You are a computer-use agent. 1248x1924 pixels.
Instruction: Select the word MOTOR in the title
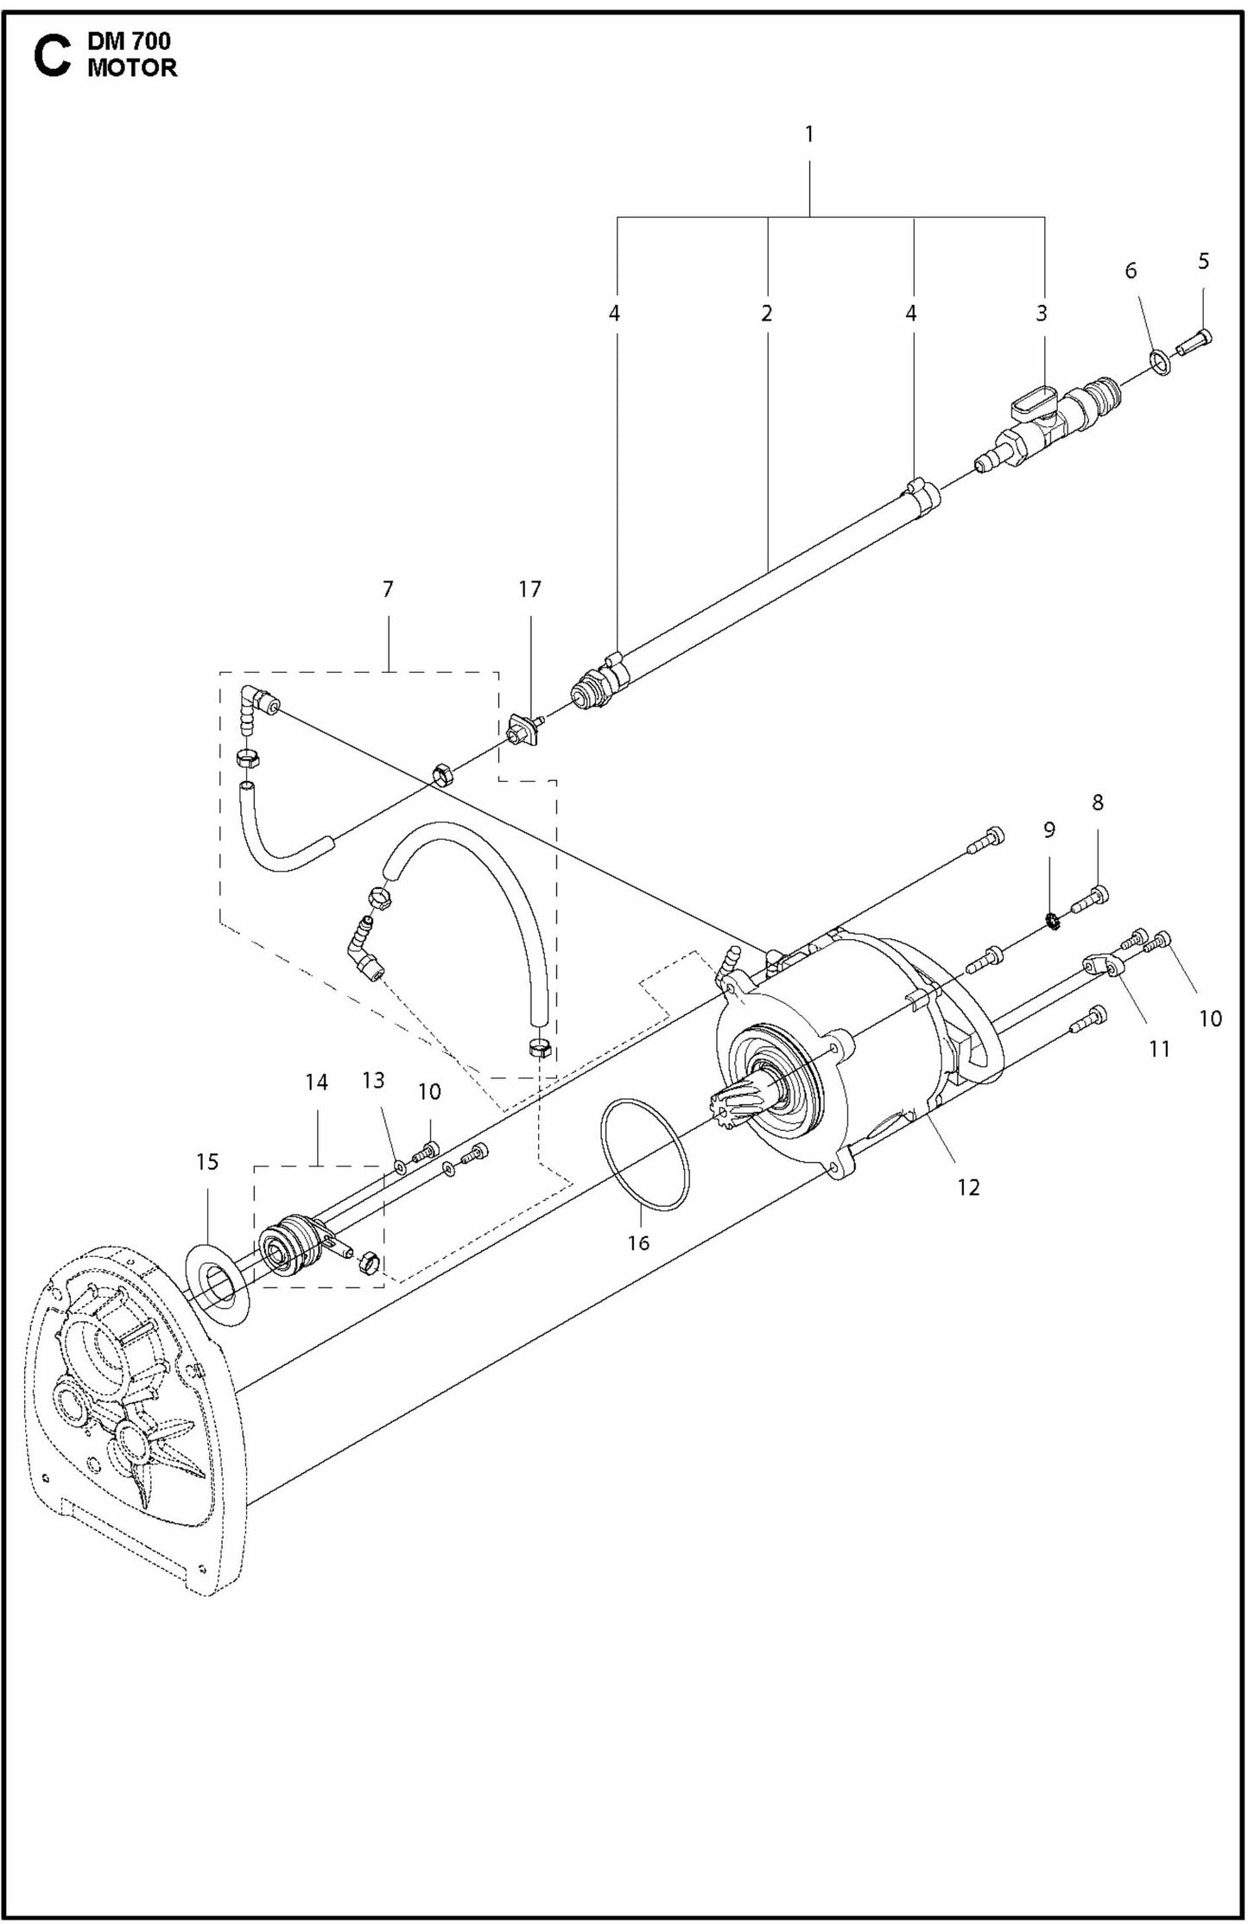131,69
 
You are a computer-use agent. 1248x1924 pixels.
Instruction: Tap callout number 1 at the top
808,135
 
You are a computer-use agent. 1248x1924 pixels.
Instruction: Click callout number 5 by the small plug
1203,261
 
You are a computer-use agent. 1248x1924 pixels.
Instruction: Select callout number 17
529,589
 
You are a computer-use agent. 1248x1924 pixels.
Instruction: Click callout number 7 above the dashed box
388,589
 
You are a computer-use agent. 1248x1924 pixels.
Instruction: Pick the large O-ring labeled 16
645,1154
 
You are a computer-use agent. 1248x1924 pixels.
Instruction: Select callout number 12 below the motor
968,1187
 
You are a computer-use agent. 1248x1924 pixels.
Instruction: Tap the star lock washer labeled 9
1053,922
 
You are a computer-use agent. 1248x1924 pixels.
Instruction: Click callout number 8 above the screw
1097,803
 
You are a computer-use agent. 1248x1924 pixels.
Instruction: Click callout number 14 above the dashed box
316,1082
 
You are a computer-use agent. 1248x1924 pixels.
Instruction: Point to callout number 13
373,1081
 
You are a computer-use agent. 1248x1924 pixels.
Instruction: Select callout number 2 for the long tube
766,314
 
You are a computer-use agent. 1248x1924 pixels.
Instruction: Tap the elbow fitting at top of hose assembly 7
258,699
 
